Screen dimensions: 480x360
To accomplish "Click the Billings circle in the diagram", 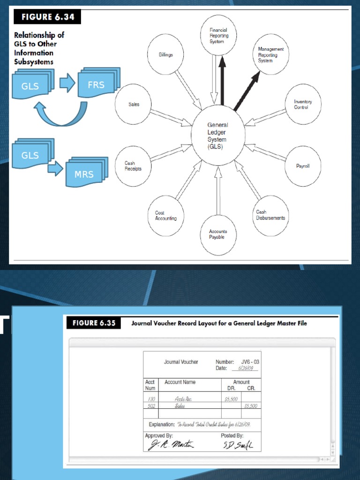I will pos(165,55).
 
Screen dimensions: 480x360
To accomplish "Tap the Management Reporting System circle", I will pos(270,54).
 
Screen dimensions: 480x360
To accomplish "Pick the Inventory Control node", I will pos(303,105).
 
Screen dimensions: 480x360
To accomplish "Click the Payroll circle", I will pos(302,166).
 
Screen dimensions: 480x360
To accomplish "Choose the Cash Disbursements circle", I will pos(270,215).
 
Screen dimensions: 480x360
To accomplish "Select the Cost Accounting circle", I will pos(165,216).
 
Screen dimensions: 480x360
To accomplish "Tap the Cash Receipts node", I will pos(133,166).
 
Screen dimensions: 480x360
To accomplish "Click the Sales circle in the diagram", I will pos(134,105).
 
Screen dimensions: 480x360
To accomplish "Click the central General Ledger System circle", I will pos(218,136).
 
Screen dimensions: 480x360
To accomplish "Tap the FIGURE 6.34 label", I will pos(47,17).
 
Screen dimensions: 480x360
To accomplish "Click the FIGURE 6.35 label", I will pos(94,323).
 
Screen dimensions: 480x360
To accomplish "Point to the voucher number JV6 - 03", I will pos(250,362).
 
